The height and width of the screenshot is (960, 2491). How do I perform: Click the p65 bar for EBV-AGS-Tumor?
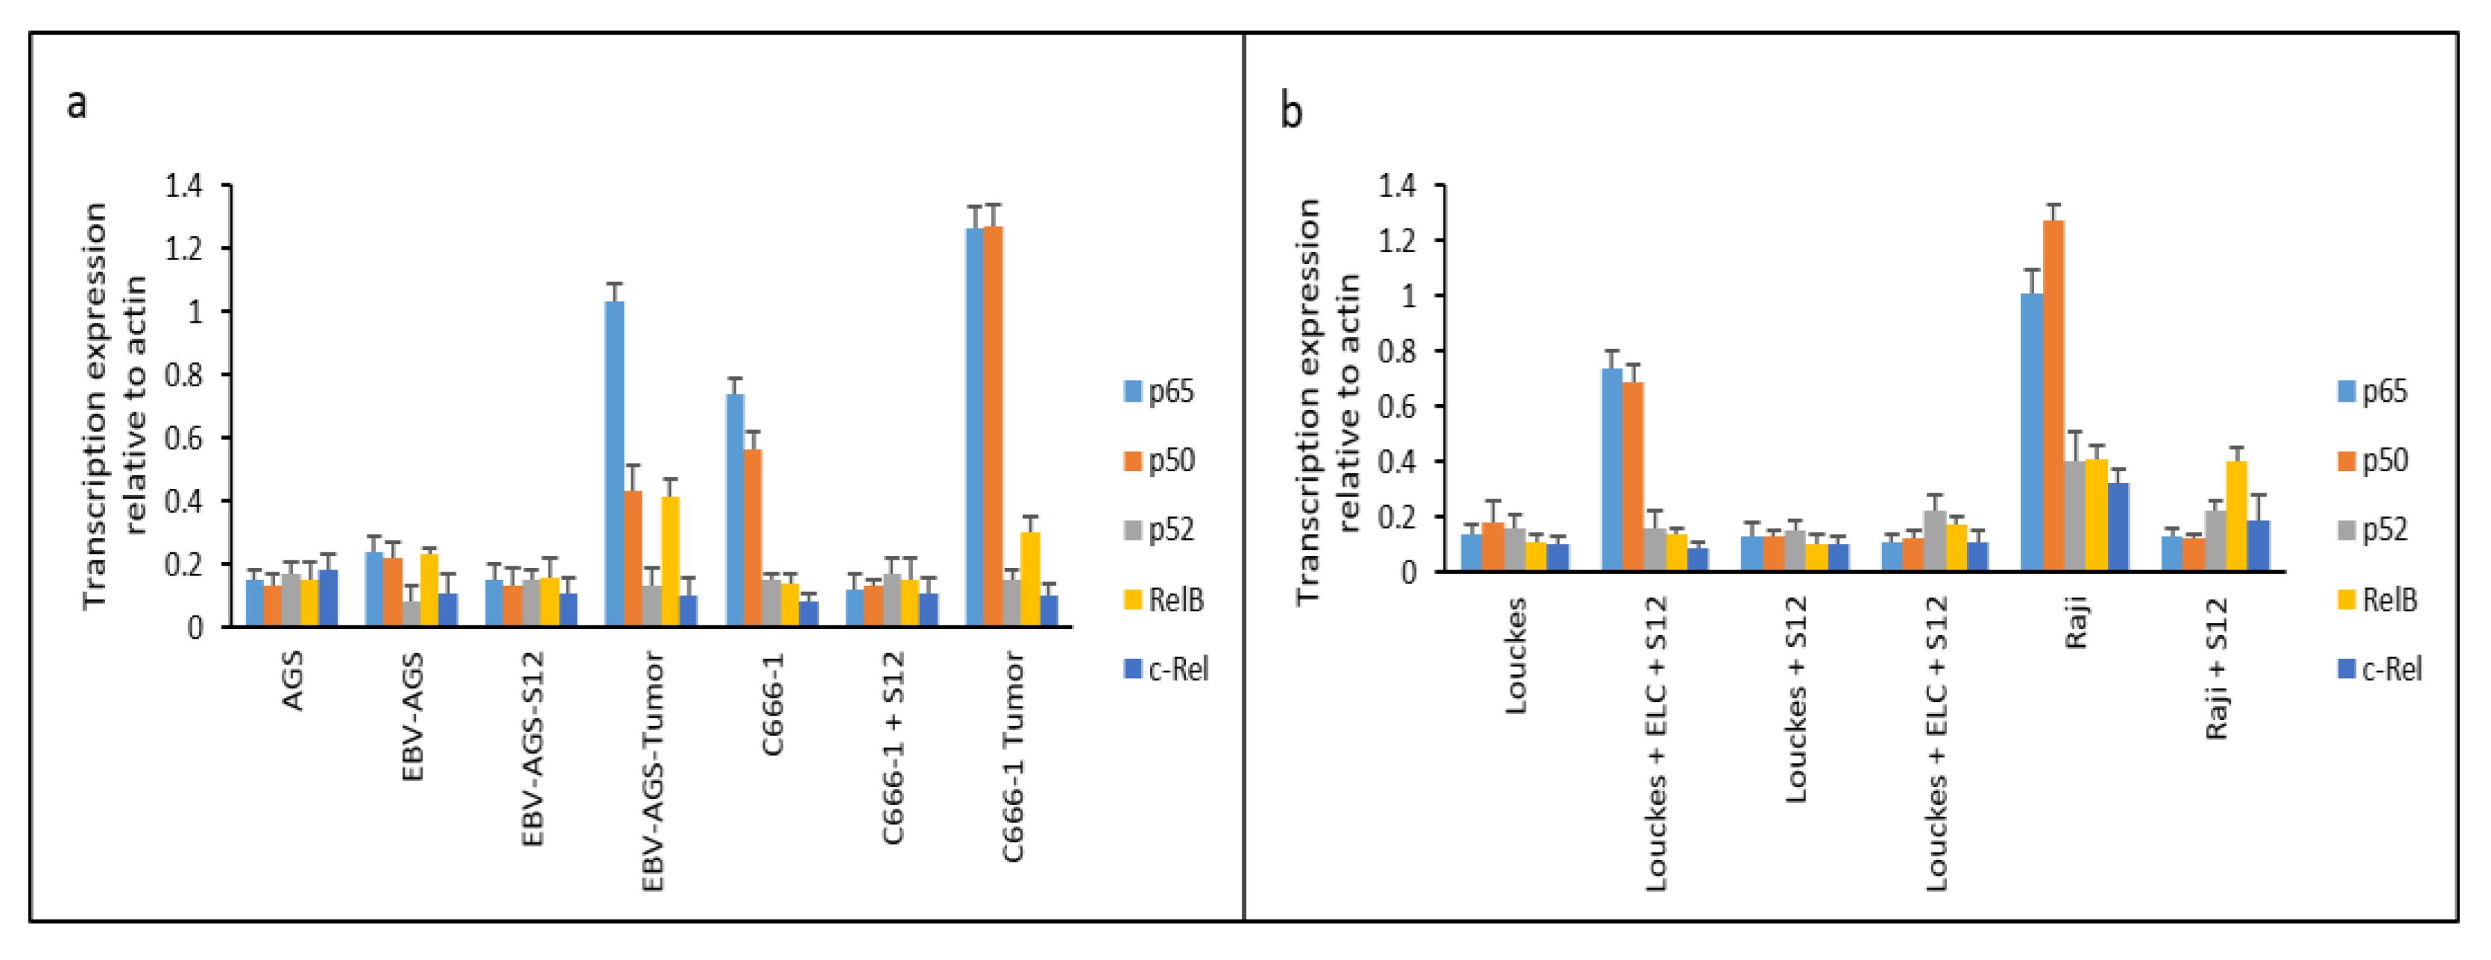(614, 464)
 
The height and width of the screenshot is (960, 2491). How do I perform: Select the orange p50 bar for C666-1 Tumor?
(993, 426)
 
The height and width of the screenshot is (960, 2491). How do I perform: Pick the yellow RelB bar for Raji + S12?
(2237, 517)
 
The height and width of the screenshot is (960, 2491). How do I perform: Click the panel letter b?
(1291, 110)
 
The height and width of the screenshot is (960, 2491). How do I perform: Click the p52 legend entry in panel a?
(1161, 530)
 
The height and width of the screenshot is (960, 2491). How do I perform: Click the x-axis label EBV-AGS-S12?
(533, 749)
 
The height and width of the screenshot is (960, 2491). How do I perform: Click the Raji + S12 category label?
(2217, 667)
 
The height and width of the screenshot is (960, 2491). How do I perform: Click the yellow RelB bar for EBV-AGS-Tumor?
(670, 560)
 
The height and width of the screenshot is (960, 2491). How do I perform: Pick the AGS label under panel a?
(292, 680)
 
